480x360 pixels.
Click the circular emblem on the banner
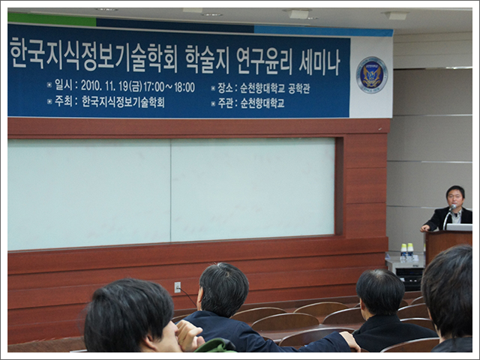(x=372, y=75)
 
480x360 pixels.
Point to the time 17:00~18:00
(x=169, y=87)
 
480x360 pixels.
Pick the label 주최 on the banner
(x=63, y=101)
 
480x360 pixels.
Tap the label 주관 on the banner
(x=225, y=103)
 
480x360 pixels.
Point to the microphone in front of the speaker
(x=448, y=217)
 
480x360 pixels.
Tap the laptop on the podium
(x=459, y=226)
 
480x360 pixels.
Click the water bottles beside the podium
(x=407, y=252)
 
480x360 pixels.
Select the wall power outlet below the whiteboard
(x=177, y=287)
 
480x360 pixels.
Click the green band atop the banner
(x=52, y=19)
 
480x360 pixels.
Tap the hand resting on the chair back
(x=350, y=340)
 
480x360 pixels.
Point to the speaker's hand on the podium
(x=425, y=228)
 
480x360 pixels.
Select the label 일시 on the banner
(x=63, y=85)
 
